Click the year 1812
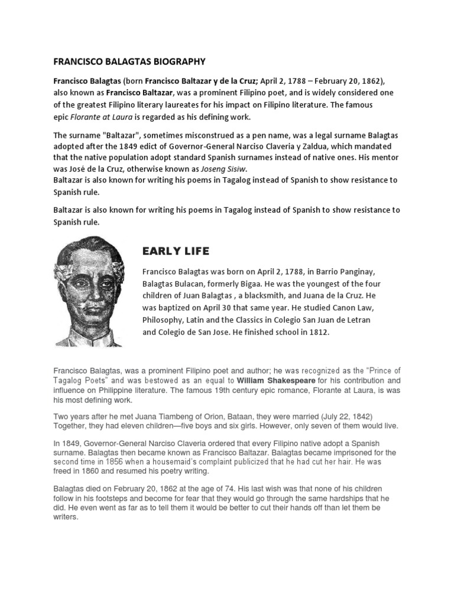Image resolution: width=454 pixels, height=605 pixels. (x=316, y=333)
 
